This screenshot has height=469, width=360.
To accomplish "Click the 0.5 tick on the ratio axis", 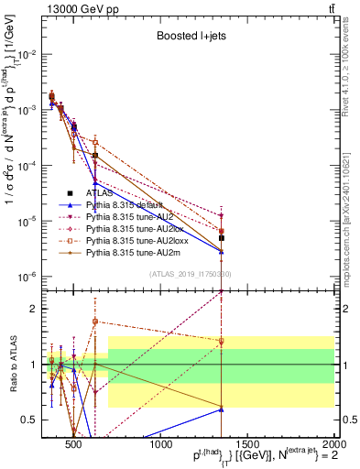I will click(35, 420).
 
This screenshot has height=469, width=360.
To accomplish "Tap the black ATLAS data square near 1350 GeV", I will click(222, 237).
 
